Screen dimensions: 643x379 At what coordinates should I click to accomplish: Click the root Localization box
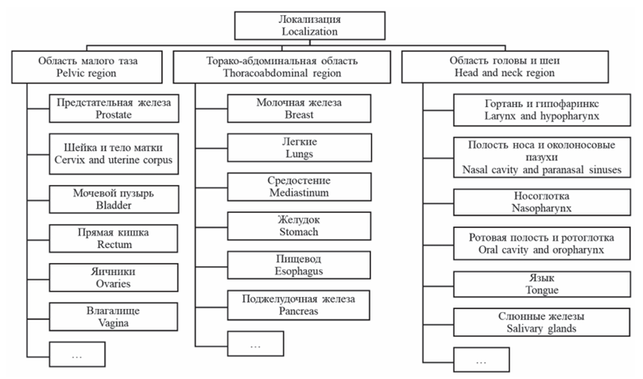click(x=310, y=25)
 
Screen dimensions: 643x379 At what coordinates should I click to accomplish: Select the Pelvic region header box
click(x=87, y=67)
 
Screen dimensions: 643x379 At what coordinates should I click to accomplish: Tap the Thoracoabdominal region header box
click(x=281, y=67)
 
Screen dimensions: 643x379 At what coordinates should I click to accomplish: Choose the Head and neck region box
click(x=505, y=67)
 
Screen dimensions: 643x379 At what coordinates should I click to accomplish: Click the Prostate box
click(x=114, y=109)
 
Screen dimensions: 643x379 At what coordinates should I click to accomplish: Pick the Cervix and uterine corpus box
click(x=114, y=153)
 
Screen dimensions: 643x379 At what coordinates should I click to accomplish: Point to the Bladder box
click(x=114, y=199)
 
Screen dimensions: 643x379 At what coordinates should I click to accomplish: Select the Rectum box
click(x=113, y=238)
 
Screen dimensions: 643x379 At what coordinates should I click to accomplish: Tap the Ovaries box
click(x=113, y=277)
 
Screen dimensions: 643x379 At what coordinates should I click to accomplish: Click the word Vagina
click(x=113, y=323)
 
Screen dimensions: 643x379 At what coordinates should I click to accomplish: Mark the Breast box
click(x=299, y=109)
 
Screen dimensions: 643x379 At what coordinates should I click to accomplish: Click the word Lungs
click(x=300, y=154)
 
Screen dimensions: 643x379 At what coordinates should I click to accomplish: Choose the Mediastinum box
click(x=299, y=187)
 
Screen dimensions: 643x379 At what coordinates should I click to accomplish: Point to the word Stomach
click(x=299, y=232)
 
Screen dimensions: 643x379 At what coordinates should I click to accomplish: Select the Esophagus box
click(x=299, y=265)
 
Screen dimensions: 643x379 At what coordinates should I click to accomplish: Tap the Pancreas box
click(x=298, y=305)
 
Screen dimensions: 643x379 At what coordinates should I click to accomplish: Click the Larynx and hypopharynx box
click(x=542, y=110)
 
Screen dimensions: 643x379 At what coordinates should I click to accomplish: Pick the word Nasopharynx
click(x=542, y=208)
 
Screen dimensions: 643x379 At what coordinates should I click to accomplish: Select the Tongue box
click(x=542, y=284)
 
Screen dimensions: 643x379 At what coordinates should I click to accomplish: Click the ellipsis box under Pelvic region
click(x=77, y=354)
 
